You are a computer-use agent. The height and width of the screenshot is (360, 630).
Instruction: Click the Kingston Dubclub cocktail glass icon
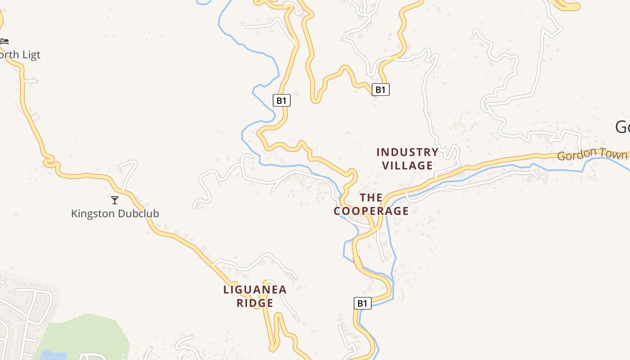coord(115,200)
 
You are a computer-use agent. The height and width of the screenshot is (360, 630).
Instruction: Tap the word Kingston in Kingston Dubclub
coord(92,213)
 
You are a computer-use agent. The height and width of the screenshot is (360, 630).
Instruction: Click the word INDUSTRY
coord(407,152)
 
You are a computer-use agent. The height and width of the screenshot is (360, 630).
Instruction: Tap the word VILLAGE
coord(407,166)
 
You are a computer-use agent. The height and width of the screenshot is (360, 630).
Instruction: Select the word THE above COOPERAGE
coord(371,198)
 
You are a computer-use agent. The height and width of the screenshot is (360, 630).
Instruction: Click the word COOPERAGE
coord(371,211)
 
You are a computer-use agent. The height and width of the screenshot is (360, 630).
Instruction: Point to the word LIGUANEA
coord(255,290)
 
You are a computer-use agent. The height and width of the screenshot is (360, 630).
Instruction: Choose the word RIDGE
coord(255,303)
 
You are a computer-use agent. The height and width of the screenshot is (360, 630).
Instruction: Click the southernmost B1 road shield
coord(362,303)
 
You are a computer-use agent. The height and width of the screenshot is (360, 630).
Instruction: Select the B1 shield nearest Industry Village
coord(381,90)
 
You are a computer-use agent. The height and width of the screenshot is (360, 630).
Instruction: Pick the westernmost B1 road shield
coord(282,100)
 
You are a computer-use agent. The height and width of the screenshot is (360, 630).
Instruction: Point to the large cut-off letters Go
coord(622,127)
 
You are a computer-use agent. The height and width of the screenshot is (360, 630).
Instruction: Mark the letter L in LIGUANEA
coord(226,290)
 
